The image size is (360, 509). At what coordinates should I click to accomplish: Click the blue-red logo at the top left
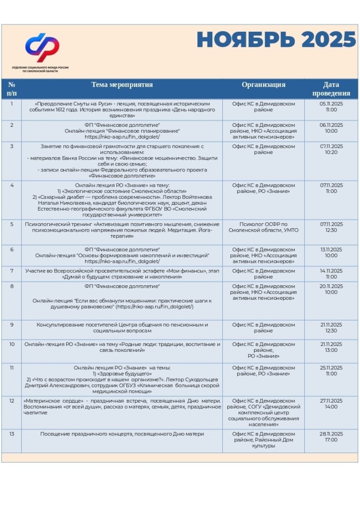(42, 48)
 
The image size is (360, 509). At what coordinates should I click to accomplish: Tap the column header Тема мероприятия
(122, 85)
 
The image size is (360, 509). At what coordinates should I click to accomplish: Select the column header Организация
(264, 85)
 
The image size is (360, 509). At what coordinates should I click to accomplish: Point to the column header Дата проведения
(331, 89)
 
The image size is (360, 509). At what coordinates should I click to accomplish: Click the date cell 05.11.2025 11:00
(331, 107)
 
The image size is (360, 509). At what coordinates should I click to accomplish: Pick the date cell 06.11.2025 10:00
(331, 128)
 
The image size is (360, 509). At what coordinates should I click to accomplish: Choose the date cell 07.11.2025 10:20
(331, 150)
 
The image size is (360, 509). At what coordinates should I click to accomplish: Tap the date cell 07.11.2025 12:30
(331, 227)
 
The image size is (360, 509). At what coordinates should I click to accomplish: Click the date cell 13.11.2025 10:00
(331, 252)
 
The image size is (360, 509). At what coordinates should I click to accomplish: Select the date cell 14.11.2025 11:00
(331, 274)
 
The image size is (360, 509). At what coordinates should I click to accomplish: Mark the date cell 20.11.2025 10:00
(331, 289)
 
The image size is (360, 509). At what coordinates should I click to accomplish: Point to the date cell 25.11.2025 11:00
(331, 371)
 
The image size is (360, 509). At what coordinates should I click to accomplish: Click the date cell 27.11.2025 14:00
(331, 404)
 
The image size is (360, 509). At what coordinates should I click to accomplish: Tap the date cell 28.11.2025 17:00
(331, 437)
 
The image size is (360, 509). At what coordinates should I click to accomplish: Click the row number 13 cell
(12, 434)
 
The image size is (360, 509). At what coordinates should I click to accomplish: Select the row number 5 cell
(12, 224)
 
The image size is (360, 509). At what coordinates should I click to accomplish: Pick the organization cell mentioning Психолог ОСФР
(264, 227)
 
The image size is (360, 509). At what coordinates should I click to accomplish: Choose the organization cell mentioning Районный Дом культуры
(264, 440)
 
